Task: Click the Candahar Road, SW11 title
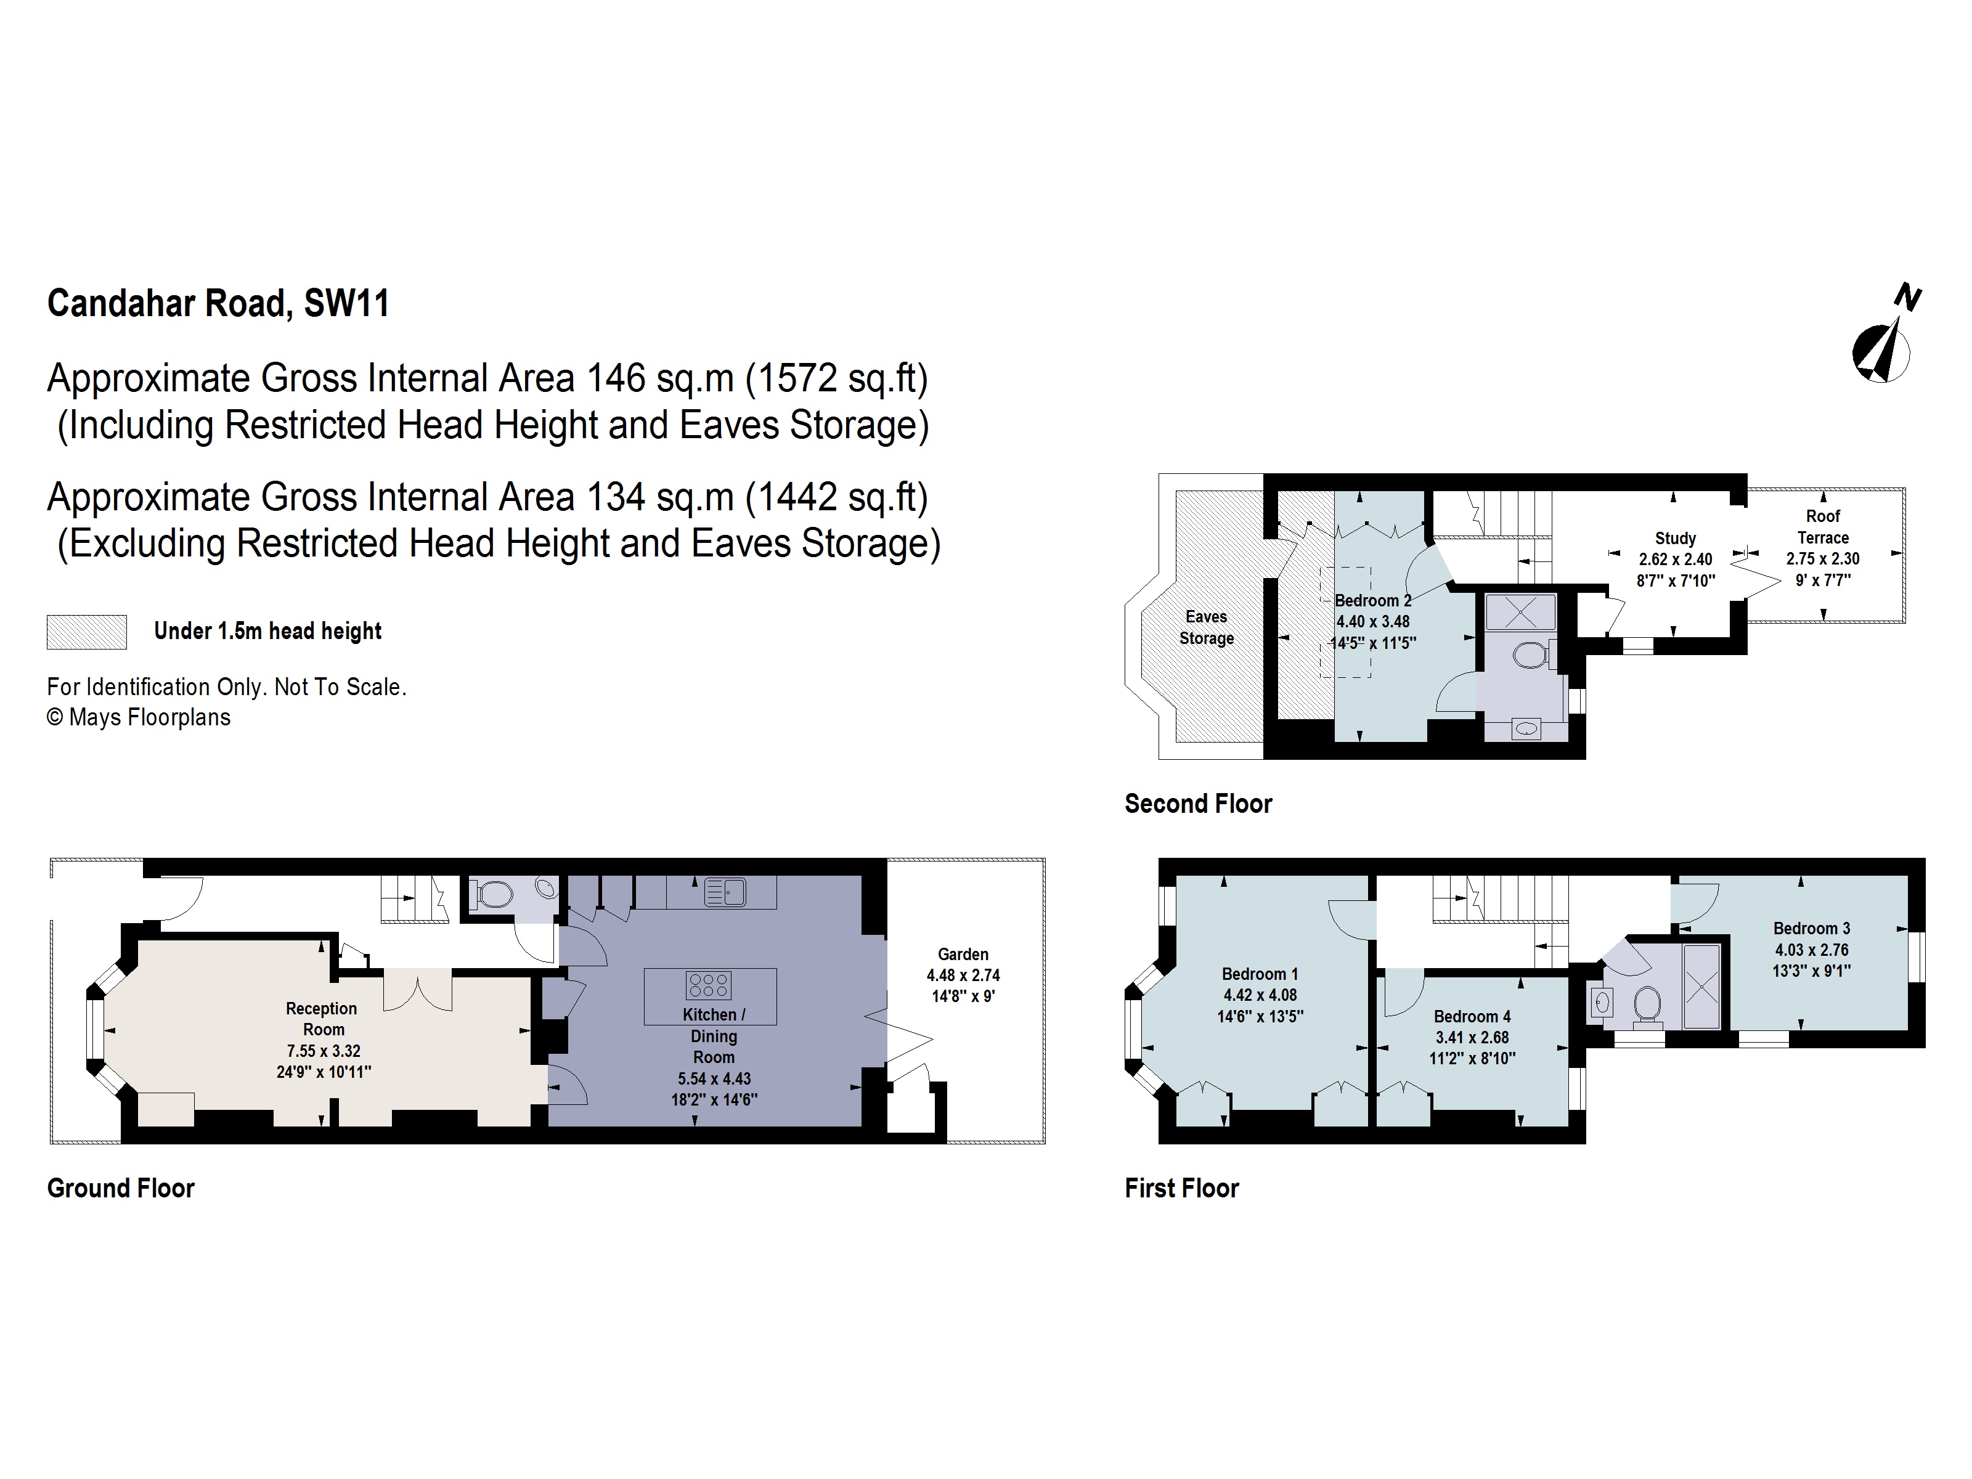[218, 303]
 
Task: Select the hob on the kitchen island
[709, 985]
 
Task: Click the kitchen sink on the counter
[725, 892]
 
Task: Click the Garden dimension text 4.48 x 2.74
[963, 976]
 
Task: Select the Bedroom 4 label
[1472, 1016]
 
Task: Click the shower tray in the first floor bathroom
[1701, 987]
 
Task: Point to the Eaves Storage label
[1206, 627]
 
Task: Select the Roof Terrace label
[1822, 527]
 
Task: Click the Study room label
[1675, 539]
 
